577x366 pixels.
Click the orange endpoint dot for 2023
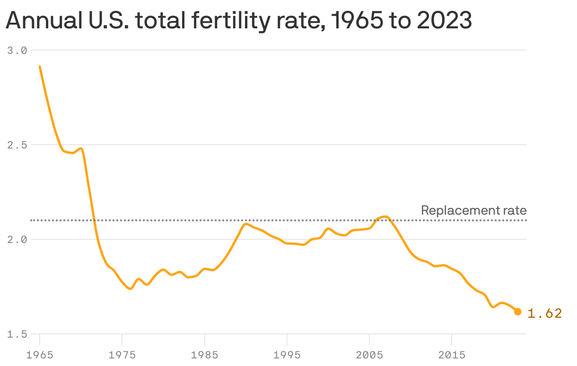[517, 312]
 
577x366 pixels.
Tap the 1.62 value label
[544, 313]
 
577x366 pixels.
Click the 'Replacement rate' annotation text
[473, 210]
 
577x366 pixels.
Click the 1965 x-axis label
[40, 355]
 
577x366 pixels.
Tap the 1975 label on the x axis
[122, 355]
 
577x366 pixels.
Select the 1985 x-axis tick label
[204, 355]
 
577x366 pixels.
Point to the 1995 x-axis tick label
[287, 355]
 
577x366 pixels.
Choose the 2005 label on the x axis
[369, 355]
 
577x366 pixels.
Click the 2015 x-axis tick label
[452, 355]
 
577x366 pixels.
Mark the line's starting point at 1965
[40, 67]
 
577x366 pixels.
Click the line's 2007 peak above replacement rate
[386, 217]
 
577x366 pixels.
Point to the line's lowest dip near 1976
[130, 288]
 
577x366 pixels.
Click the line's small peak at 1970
[81, 148]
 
